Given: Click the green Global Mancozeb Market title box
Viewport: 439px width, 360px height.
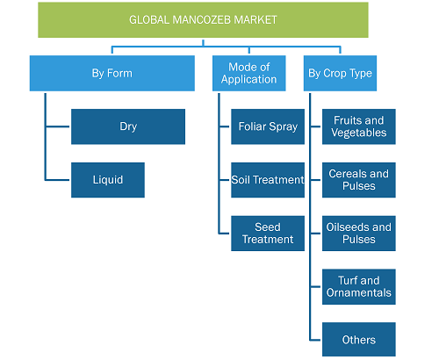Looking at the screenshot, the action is pos(203,20).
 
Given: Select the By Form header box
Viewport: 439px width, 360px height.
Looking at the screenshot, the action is pos(112,73).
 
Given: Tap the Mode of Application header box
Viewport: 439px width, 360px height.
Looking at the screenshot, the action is pos(249,73).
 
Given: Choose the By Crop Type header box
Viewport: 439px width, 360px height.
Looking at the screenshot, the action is pos(340,73).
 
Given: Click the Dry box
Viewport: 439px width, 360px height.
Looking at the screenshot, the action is pos(128,126).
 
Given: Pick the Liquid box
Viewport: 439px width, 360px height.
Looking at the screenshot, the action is pos(108,180).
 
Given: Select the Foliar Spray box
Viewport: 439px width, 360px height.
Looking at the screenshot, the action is pos(268,126).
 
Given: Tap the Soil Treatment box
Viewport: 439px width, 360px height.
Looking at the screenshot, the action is pos(268,180).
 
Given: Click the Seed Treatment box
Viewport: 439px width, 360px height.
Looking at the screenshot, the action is pos(268,234).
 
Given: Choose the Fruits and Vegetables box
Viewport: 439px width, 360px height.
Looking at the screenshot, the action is pos(359,126).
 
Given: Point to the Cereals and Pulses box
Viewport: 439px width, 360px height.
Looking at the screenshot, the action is pos(359,180).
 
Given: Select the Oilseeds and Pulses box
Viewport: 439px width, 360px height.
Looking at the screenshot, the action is pos(359,234).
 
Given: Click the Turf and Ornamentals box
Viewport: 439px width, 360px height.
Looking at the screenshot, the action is pos(359,287).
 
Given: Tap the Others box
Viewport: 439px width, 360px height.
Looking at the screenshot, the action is pos(359,340).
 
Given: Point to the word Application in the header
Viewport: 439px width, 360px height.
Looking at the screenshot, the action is pos(249,80).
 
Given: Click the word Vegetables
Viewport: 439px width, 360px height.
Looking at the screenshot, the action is pos(359,133).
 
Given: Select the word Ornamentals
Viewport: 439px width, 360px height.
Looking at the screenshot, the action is pos(359,292).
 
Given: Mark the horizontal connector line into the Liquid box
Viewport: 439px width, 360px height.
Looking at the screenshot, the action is pos(58,180).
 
